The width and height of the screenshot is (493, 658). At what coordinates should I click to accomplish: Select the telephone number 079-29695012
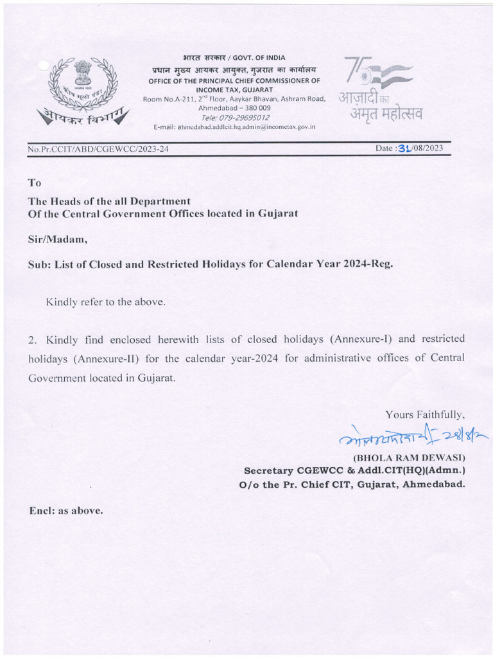coord(235,118)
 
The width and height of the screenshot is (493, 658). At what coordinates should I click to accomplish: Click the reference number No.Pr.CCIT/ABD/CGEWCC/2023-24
coord(98,150)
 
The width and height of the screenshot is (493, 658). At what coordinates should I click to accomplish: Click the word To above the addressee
coord(35,183)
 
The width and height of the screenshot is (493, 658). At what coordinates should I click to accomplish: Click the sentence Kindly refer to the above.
coord(105,301)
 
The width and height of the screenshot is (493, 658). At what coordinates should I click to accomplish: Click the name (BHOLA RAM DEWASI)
coord(410,458)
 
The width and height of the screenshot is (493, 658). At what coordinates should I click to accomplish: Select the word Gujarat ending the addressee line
coord(277,213)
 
